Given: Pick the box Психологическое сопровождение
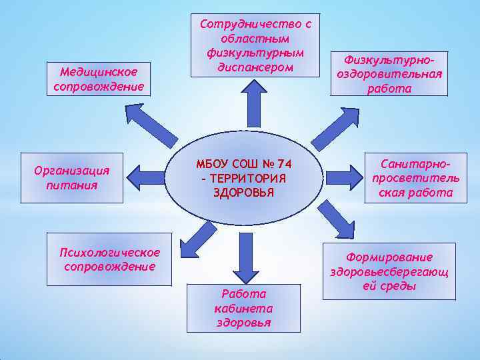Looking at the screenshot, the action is (109, 259).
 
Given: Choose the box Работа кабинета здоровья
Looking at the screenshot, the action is (243, 307).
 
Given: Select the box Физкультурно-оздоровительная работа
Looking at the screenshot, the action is (389, 73).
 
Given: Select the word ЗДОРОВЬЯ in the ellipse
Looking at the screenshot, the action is (243, 193).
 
